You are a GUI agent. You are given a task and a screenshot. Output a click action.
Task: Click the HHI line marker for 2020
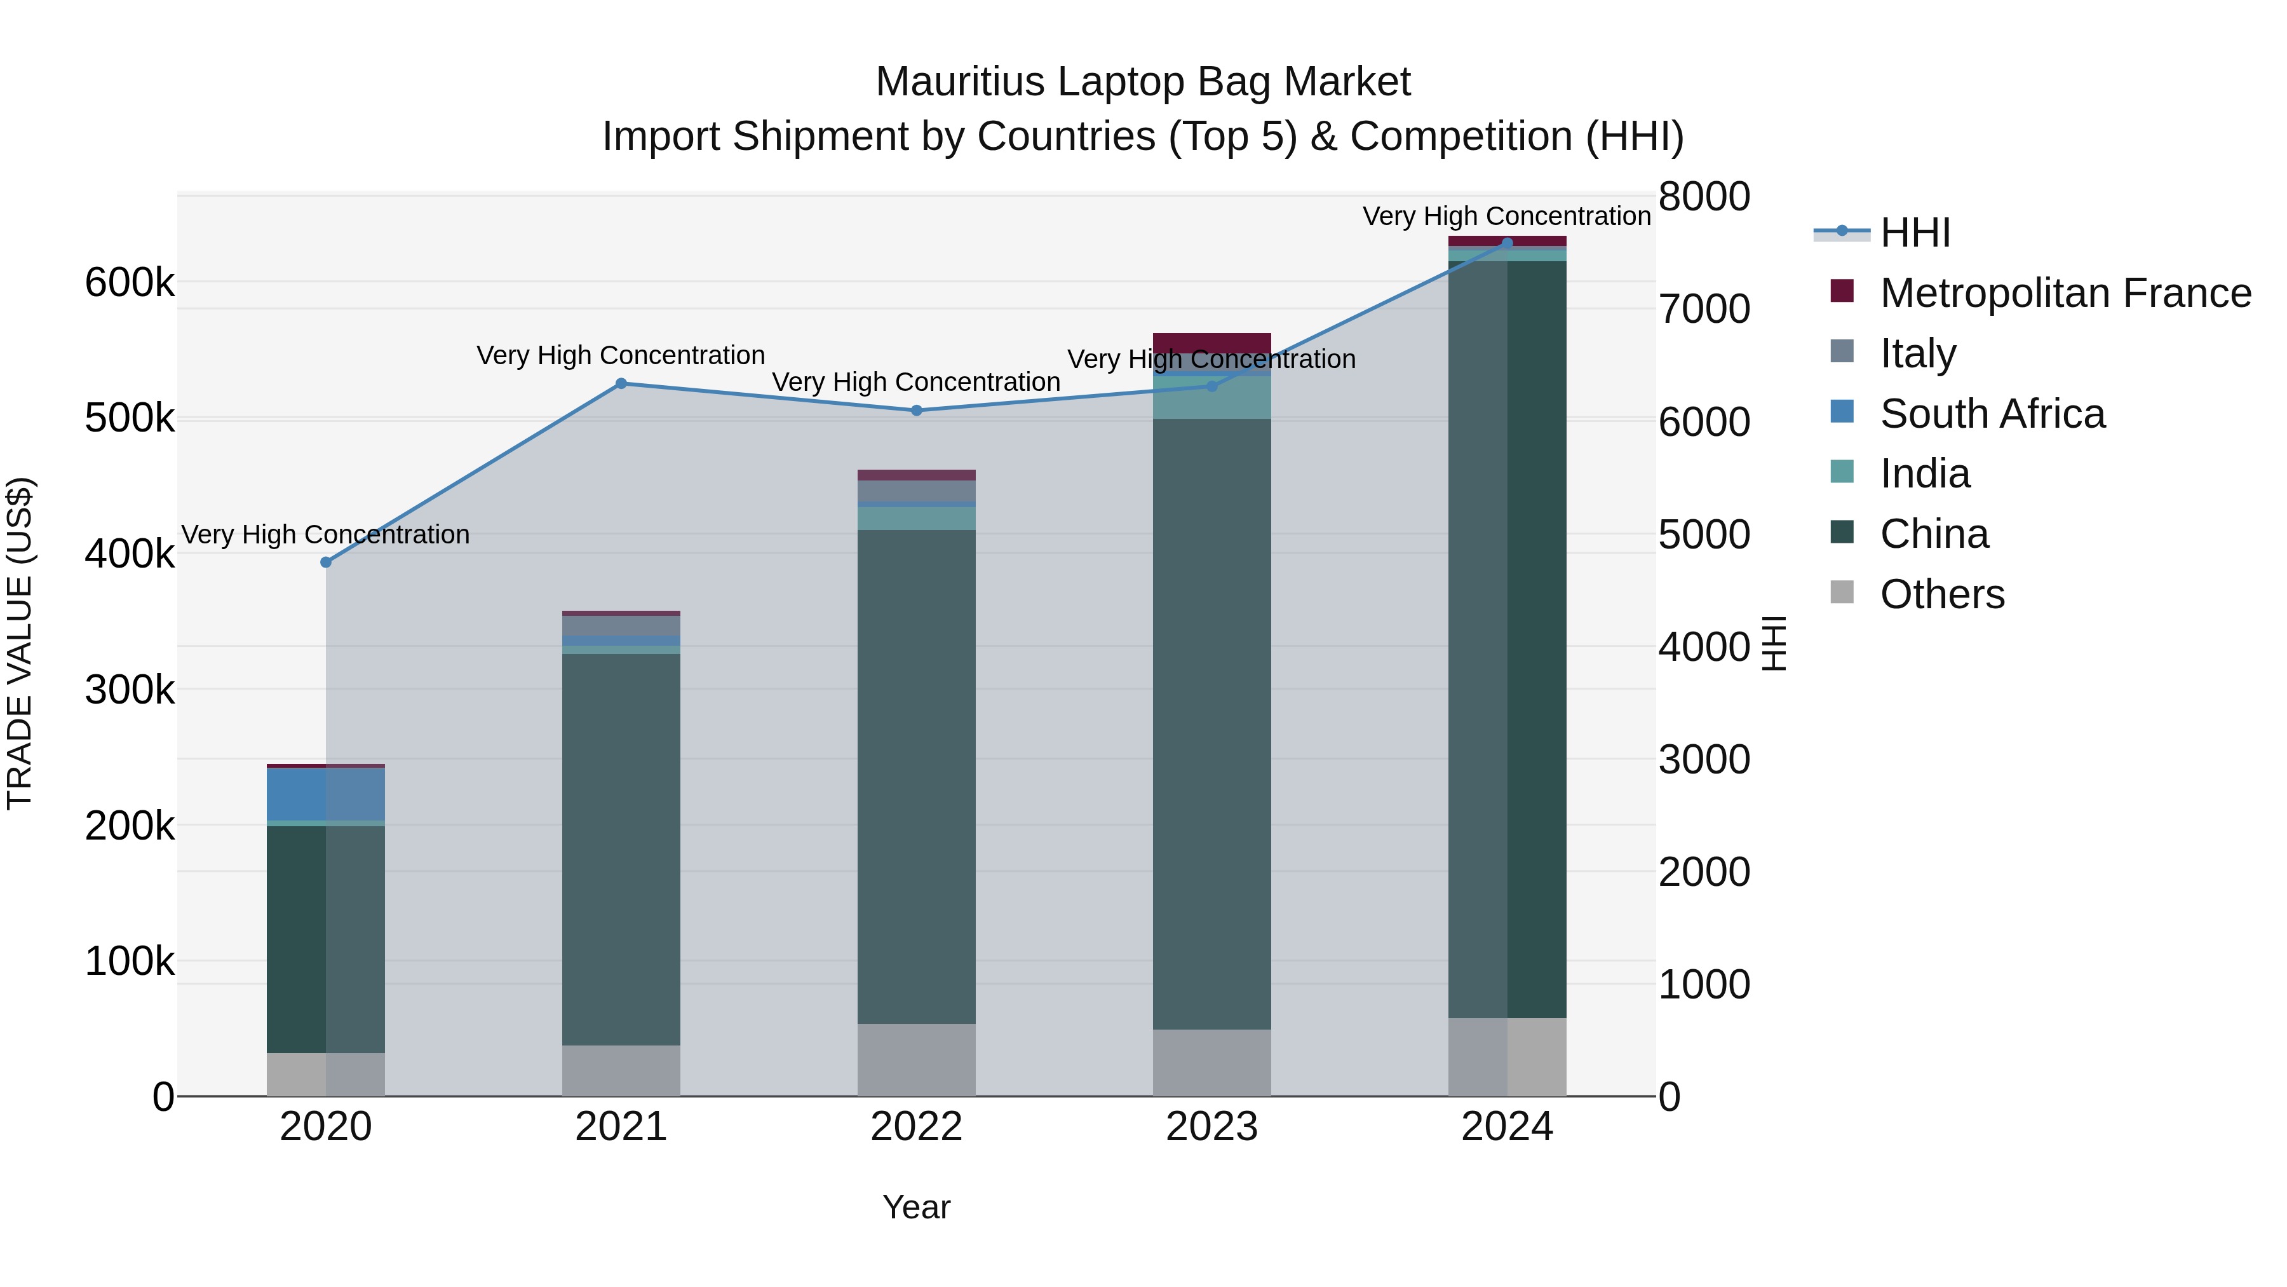(x=326, y=562)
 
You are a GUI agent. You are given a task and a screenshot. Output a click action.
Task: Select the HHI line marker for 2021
(x=621, y=384)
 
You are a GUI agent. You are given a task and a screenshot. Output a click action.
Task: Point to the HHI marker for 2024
(x=1508, y=243)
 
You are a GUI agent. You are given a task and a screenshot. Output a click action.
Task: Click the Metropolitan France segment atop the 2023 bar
(x=1212, y=343)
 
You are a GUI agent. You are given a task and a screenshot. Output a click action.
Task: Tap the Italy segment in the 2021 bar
(x=621, y=625)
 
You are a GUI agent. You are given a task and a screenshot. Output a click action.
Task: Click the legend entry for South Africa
(x=1992, y=414)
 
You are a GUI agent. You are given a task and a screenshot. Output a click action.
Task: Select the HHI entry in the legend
(x=1914, y=233)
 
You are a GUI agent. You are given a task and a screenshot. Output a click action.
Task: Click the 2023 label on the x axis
(x=1212, y=1127)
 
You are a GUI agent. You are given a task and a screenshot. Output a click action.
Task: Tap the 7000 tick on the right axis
(x=1704, y=309)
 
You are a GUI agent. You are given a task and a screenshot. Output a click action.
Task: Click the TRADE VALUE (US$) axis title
(x=20, y=643)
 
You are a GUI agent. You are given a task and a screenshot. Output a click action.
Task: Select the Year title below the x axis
(x=916, y=1207)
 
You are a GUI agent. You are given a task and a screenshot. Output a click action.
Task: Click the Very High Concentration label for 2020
(x=326, y=535)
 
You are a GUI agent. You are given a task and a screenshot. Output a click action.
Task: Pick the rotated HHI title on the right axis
(x=1774, y=644)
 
